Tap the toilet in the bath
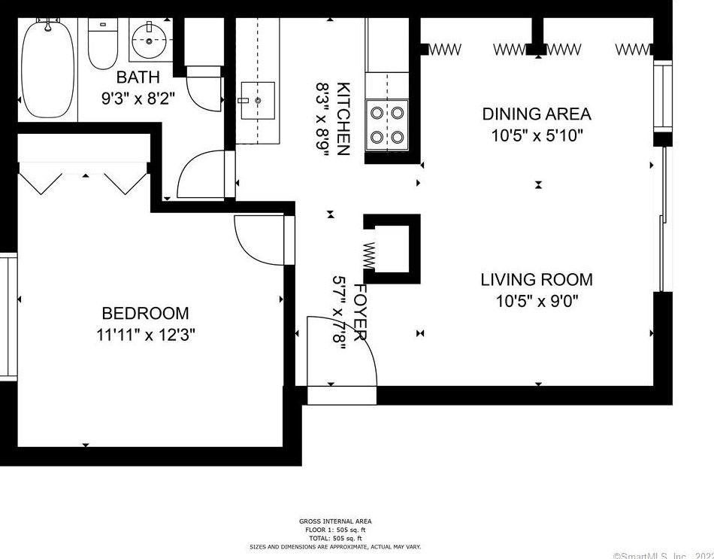pyautogui.click(x=101, y=44)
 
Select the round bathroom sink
pyautogui.click(x=149, y=41)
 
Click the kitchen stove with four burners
pyautogui.click(x=386, y=125)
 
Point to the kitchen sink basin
pyautogui.click(x=257, y=101)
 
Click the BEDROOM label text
pyautogui.click(x=145, y=314)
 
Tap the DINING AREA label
pyautogui.click(x=536, y=114)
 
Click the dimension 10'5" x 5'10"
pyautogui.click(x=536, y=135)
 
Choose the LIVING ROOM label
pyautogui.click(x=536, y=280)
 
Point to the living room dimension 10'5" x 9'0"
pyautogui.click(x=536, y=301)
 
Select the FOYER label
pyautogui.click(x=360, y=311)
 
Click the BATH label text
pyautogui.click(x=138, y=77)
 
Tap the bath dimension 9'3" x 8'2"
pyautogui.click(x=138, y=97)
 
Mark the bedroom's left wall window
pyautogui.click(x=8, y=316)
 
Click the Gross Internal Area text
pyautogui.click(x=335, y=521)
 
